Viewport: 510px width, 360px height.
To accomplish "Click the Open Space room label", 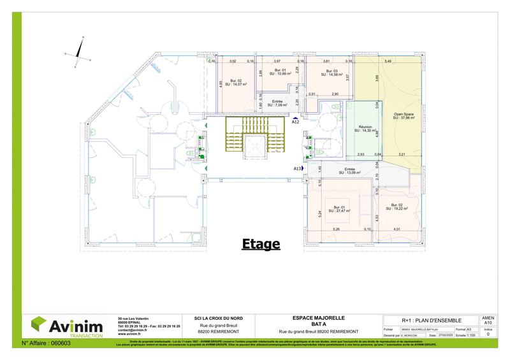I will pyautogui.click(x=404, y=115).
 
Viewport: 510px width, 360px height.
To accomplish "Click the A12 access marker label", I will pyautogui.click(x=296, y=122).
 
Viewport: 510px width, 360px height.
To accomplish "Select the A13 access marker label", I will pyautogui.click(x=298, y=168).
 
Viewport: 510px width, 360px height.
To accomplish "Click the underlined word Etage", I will pyautogui.click(x=260, y=243).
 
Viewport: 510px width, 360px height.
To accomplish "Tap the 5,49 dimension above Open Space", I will pyautogui.click(x=388, y=61).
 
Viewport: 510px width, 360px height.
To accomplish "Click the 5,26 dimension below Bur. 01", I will pyautogui.click(x=337, y=229).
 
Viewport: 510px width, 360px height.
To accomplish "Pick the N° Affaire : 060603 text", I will pyautogui.click(x=46, y=343).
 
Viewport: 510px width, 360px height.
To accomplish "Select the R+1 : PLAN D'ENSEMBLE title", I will pyautogui.click(x=430, y=320).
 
